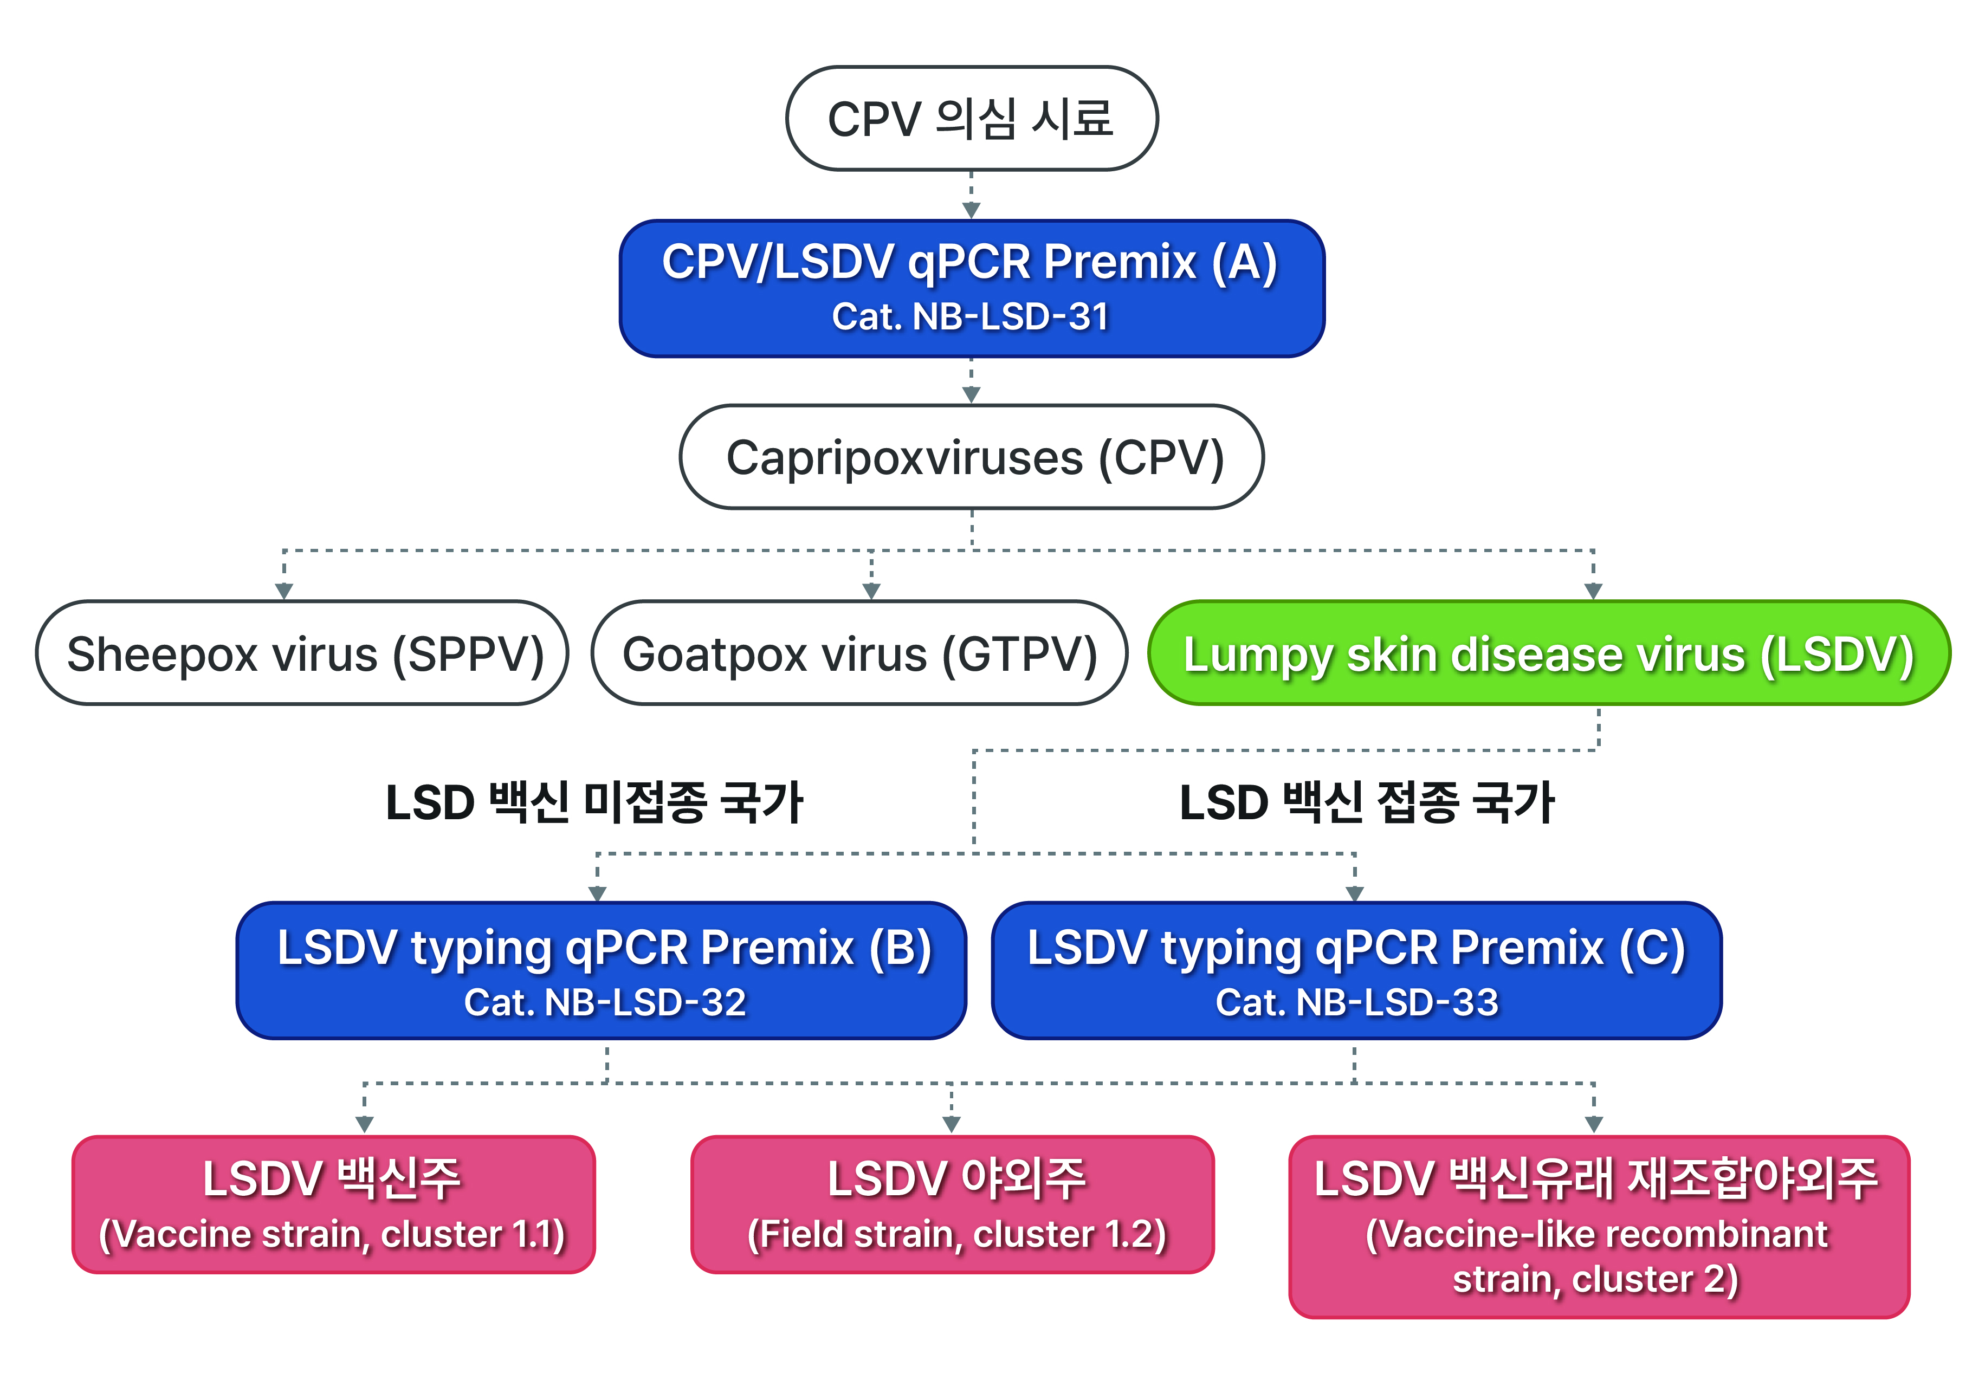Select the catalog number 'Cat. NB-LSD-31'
click(971, 316)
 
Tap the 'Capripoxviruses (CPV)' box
click(972, 457)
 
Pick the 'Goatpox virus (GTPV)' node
click(859, 653)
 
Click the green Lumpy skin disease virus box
click(1549, 653)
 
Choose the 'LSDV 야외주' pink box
click(953, 1204)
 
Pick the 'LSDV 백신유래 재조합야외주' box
click(1599, 1226)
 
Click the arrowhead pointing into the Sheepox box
click(285, 591)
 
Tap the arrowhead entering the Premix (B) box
click(598, 893)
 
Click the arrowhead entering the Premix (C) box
click(1355, 893)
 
